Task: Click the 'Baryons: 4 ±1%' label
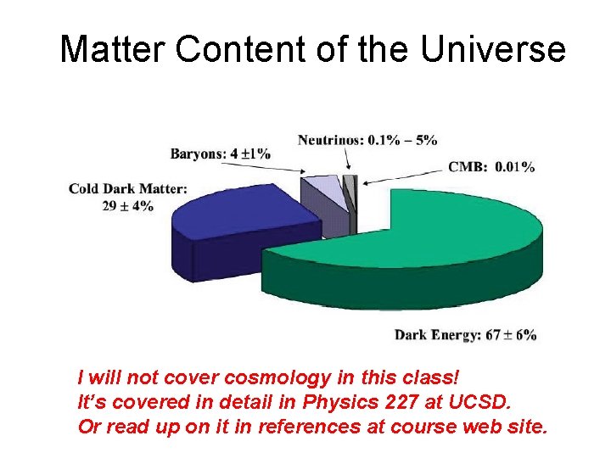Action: point(220,154)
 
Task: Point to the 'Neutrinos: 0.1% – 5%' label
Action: point(367,139)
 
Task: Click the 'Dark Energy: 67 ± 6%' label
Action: point(465,334)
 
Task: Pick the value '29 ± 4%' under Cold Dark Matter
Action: point(127,205)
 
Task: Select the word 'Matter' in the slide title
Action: point(113,50)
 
